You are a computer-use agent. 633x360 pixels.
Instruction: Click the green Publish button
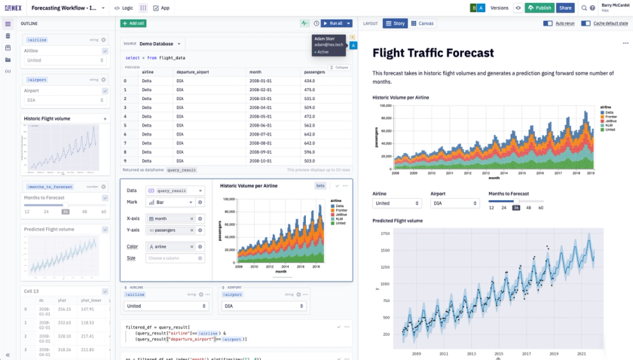click(540, 8)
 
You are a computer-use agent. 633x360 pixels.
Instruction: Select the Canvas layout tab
click(422, 23)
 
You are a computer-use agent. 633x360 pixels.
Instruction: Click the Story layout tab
click(395, 23)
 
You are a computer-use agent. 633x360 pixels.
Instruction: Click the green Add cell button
click(133, 23)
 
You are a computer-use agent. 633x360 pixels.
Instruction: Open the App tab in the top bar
click(161, 8)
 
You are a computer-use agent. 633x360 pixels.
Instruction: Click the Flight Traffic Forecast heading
click(433, 53)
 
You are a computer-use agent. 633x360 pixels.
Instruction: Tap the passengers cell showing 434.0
click(310, 81)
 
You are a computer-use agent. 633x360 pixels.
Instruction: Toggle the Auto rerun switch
click(548, 23)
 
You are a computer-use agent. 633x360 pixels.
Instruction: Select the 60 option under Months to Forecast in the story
click(540, 207)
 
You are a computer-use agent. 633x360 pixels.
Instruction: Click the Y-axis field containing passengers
click(170, 229)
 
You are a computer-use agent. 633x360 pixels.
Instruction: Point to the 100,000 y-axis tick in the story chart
click(385, 105)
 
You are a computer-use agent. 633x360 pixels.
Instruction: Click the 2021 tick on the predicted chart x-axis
click(582, 352)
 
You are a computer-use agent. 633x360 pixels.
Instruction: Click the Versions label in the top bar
click(499, 8)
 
